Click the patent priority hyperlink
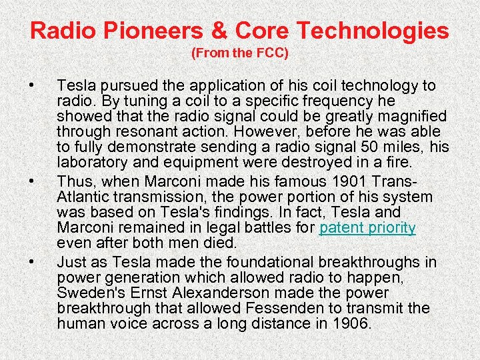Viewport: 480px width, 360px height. pyautogui.click(x=367, y=228)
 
